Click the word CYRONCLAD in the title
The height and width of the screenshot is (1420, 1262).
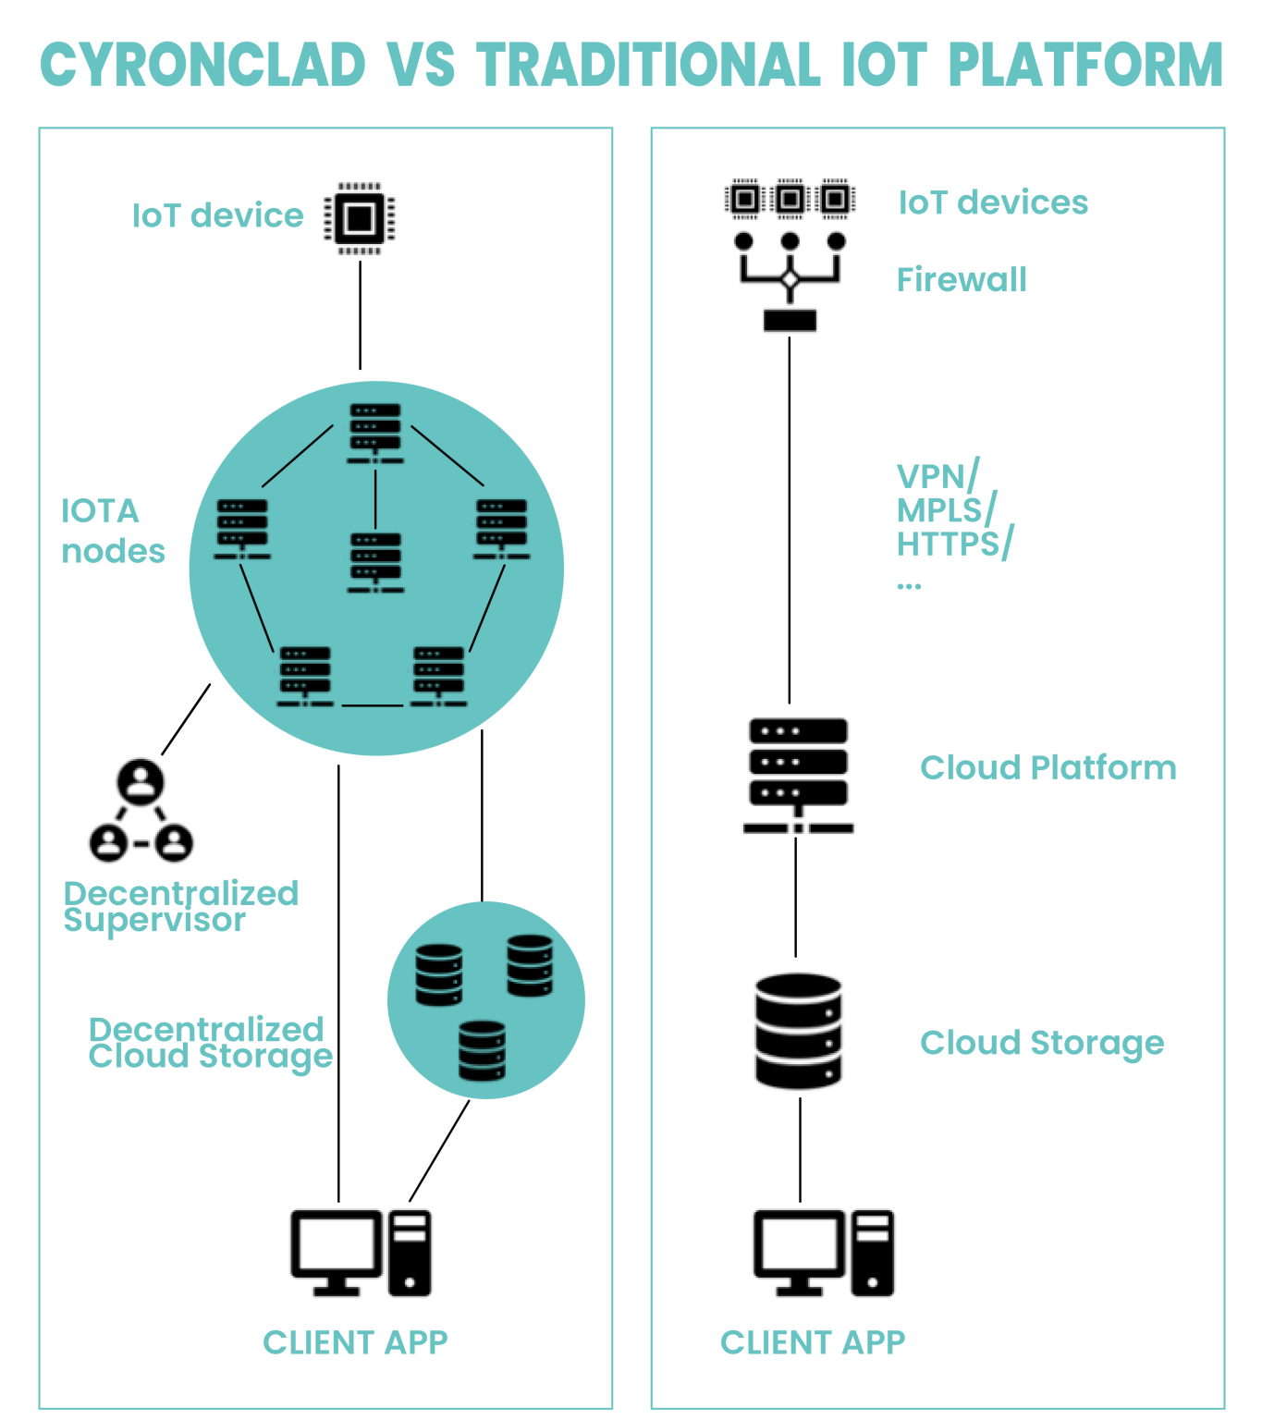pyautogui.click(x=203, y=65)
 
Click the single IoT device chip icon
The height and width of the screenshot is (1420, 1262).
pyautogui.click(x=359, y=218)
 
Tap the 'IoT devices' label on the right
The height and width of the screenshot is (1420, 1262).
pyautogui.click(x=993, y=202)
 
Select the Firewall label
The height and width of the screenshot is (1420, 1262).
pyautogui.click(x=962, y=279)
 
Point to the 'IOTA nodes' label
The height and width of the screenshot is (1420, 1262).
pyautogui.click(x=112, y=531)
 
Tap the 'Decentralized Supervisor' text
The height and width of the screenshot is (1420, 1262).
pyautogui.click(x=180, y=906)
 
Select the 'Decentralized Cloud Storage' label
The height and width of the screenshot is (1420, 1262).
pyautogui.click(x=210, y=1042)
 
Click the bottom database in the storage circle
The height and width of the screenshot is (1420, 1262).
pyautogui.click(x=482, y=1050)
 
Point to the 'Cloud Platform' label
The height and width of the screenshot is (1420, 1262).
pyautogui.click(x=1048, y=767)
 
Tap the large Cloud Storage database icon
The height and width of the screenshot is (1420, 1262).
pyautogui.click(x=798, y=1031)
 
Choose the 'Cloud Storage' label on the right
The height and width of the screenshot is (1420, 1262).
pyautogui.click(x=1041, y=1043)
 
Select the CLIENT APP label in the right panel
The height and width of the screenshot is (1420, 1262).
pyautogui.click(x=813, y=1342)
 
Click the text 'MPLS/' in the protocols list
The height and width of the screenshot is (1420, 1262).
pyautogui.click(x=946, y=510)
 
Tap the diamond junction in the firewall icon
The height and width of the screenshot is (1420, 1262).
pyautogui.click(x=790, y=279)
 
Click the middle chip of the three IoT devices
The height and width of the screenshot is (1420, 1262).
pyautogui.click(x=790, y=199)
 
